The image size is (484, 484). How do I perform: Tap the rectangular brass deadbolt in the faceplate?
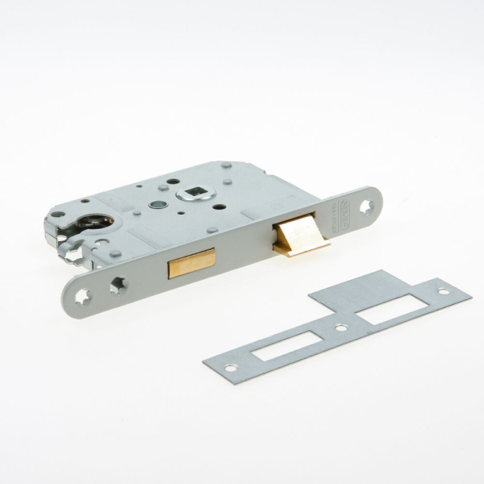click(191, 264)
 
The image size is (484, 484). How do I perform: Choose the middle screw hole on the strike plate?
click(341, 328)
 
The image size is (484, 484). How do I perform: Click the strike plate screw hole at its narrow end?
click(231, 369)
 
